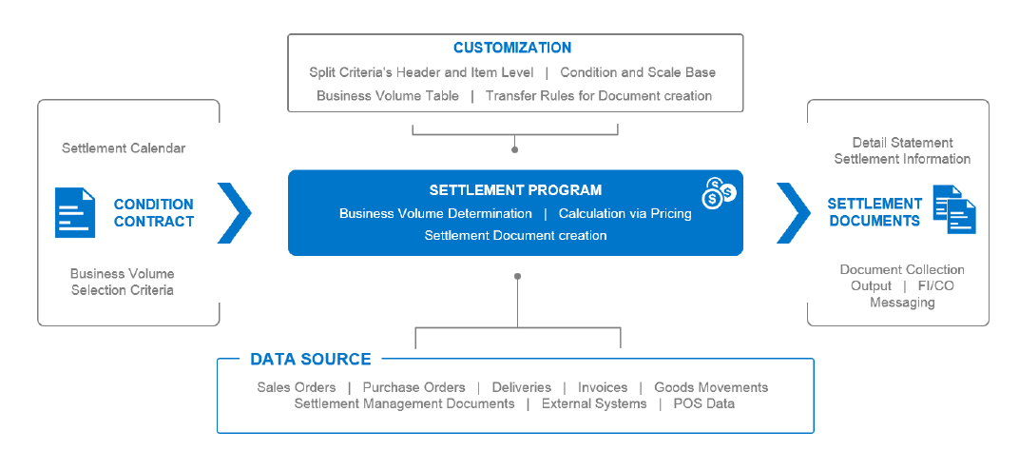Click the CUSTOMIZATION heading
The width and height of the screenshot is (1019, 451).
point(511,48)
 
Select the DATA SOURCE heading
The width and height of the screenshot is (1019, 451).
point(310,359)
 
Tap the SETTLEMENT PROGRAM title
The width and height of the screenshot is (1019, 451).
point(515,190)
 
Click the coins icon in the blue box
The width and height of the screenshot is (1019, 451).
point(719,192)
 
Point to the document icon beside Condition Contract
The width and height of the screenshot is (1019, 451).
point(75,212)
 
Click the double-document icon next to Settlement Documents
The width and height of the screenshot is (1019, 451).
point(954,211)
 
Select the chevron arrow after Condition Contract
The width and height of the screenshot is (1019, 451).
point(235,212)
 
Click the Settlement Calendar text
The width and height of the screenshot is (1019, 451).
point(124,148)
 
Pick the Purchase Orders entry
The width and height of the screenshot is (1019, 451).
point(413,387)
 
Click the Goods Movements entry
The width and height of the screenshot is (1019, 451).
point(711,387)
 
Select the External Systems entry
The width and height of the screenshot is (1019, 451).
point(593,403)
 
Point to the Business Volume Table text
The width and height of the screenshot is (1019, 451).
point(388,95)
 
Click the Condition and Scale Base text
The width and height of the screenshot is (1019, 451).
point(638,72)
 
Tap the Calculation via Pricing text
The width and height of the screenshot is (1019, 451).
point(625,213)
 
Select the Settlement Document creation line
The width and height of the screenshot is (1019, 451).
point(515,235)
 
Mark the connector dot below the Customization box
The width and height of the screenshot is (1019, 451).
point(514,149)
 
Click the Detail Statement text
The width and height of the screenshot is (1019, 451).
point(902,143)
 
